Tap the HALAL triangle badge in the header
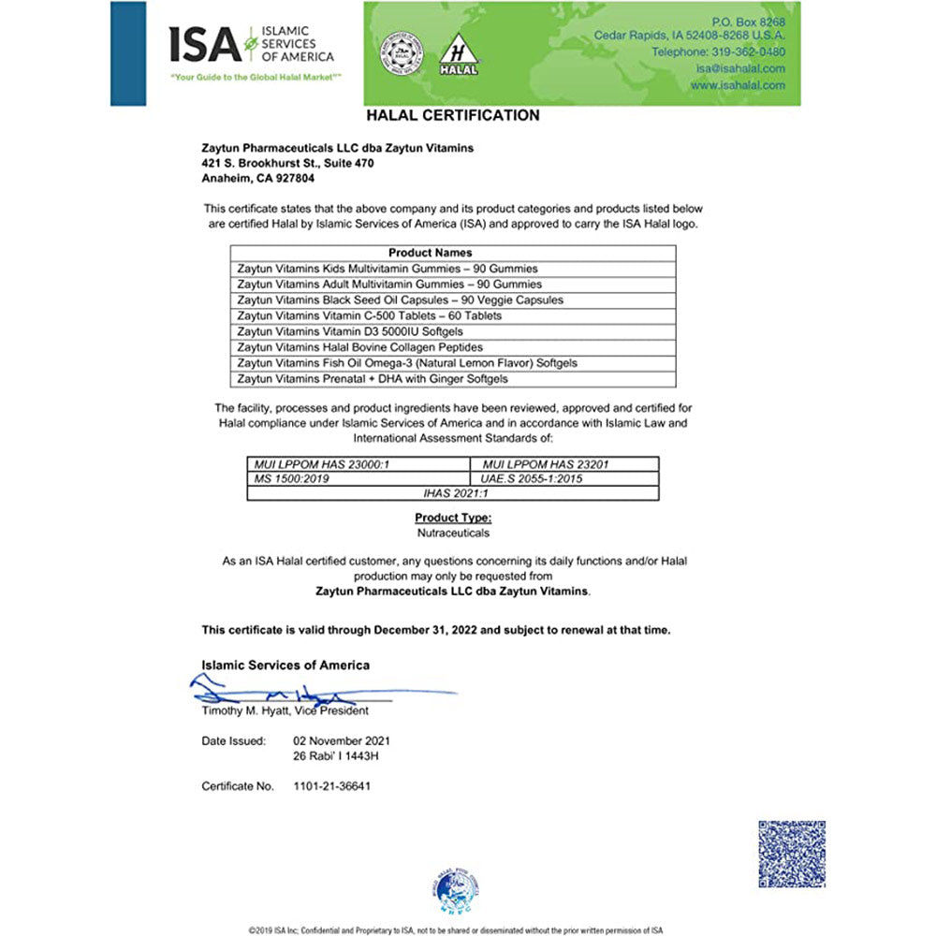tap(459, 54)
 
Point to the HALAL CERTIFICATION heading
tap(453, 116)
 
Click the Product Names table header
tap(430, 253)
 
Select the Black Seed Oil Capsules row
tap(400, 300)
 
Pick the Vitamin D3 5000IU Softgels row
tap(363, 331)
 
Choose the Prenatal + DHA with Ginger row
tap(385, 379)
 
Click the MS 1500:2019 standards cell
tap(291, 478)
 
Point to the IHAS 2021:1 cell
tap(452, 493)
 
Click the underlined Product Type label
tap(453, 518)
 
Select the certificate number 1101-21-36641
tap(332, 786)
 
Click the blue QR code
tap(792, 855)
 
